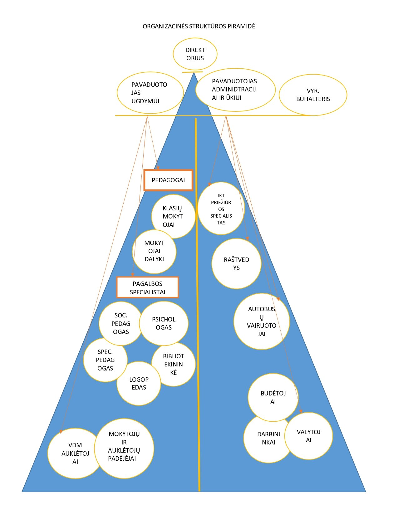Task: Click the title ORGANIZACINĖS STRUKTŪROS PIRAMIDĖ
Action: (199, 26)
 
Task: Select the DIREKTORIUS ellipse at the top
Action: (195, 54)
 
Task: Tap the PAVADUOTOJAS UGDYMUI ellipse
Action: (150, 93)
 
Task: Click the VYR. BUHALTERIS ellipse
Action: (313, 95)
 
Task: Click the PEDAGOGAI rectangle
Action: (168, 180)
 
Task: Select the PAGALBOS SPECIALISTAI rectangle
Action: (147, 287)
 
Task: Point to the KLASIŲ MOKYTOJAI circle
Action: (173, 216)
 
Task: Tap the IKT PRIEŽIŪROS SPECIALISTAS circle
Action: (221, 209)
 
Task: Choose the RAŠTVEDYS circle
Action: (236, 264)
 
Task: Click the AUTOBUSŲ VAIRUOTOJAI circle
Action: (262, 321)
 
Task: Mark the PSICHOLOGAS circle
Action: (164, 323)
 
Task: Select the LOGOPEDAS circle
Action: (139, 383)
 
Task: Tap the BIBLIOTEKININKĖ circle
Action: (174, 364)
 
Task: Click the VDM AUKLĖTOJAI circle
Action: (75, 453)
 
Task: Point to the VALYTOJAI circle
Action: (309, 436)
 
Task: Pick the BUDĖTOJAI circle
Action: (273, 397)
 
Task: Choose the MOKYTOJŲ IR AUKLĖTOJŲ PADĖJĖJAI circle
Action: (124, 446)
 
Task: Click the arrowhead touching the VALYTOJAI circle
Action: (301, 411)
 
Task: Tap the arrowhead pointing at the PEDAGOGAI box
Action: (158, 168)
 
